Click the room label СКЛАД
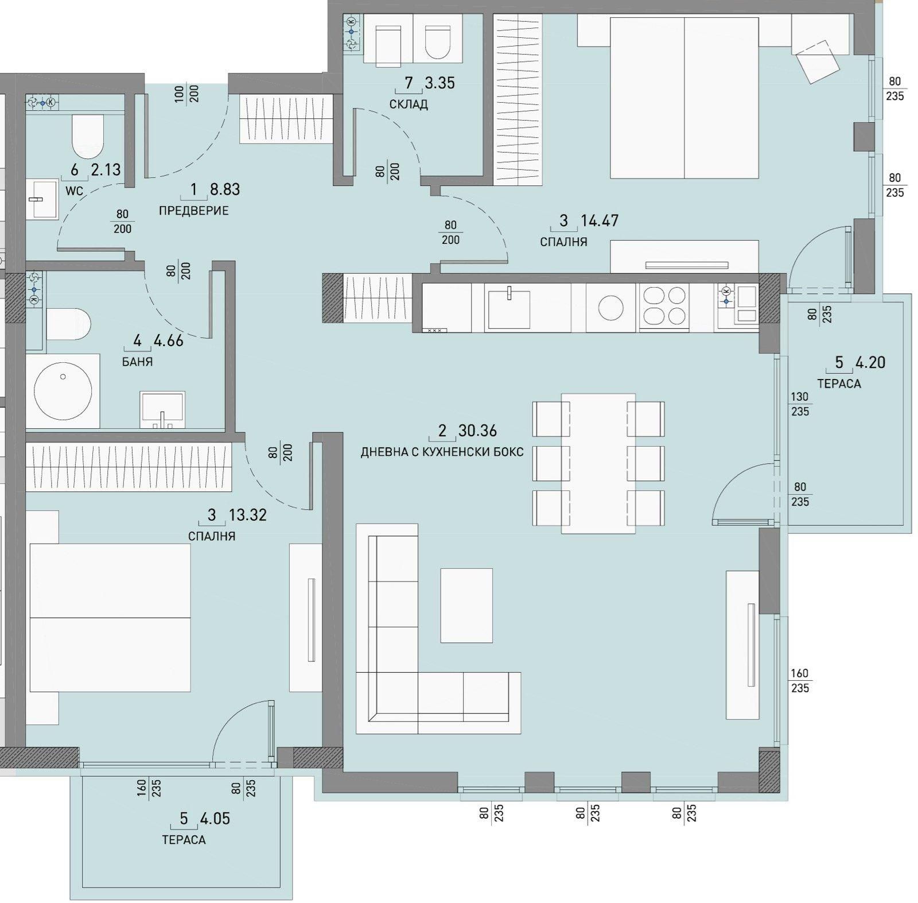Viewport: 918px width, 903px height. pos(408,104)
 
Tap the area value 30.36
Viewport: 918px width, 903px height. pos(477,431)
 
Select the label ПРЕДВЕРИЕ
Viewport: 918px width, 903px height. pos(193,211)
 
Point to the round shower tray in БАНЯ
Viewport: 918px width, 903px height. pos(63,390)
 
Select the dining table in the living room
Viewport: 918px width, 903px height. pos(598,463)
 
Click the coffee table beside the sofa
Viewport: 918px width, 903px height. pos(466,605)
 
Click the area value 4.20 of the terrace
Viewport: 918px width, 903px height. pos(870,363)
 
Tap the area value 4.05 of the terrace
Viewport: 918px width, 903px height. pos(215,818)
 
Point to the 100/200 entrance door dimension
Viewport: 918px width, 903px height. pos(186,94)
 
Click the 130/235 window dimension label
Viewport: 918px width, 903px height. pos(800,404)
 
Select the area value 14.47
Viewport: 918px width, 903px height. pos(600,220)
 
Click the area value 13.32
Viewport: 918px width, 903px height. pos(248,515)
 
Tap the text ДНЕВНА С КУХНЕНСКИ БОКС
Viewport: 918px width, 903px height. pos(442,452)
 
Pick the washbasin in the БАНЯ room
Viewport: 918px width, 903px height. pos(162,409)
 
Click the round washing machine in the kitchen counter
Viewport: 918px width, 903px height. pos(610,308)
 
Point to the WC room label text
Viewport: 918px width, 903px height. pos(74,191)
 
